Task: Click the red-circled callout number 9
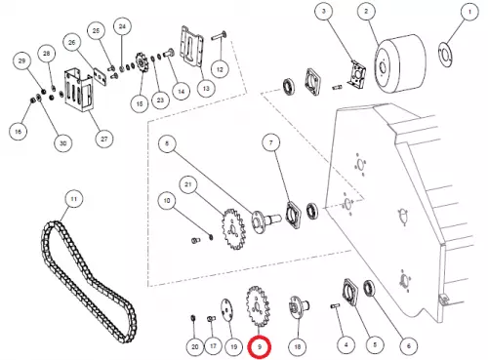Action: point(260,347)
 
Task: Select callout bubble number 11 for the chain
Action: point(73,199)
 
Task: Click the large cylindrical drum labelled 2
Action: point(400,63)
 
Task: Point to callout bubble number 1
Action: point(469,12)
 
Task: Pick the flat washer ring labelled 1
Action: point(445,55)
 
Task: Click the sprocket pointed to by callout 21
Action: point(233,229)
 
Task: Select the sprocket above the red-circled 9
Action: point(258,306)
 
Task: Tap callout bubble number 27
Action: point(103,139)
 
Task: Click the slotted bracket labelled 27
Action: point(80,92)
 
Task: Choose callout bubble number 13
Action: point(206,88)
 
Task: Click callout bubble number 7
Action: point(271,142)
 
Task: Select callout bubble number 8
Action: point(167,143)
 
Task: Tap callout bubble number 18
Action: point(298,346)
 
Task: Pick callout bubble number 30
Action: point(63,143)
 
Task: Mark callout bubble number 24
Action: point(122,26)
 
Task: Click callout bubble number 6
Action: point(409,346)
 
